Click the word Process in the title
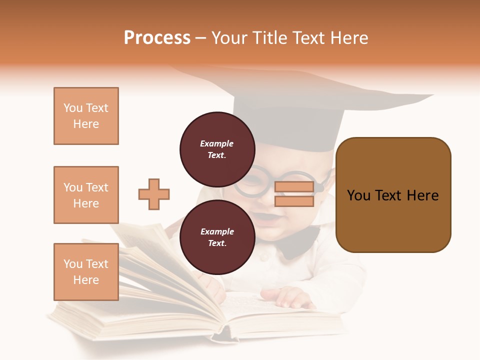[157, 38]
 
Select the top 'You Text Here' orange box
[86, 116]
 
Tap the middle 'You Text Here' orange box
[86, 195]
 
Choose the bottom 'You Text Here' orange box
[86, 272]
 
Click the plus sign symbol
[154, 194]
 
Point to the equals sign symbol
[294, 194]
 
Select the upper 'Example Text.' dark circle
[217, 149]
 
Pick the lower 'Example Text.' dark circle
[217, 237]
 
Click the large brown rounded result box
[393, 195]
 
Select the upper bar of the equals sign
[294, 187]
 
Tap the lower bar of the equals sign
[294, 201]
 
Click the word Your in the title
[229, 38]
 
